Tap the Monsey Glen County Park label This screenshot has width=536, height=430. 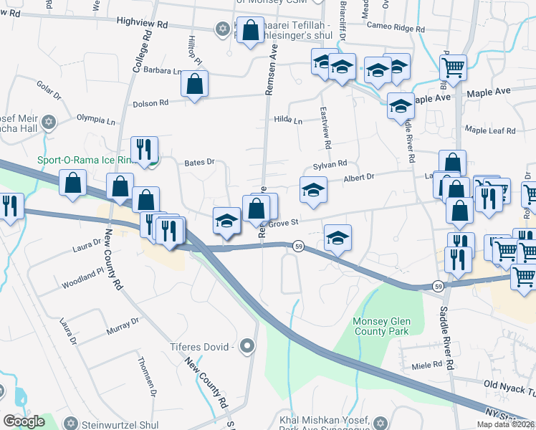(381, 326)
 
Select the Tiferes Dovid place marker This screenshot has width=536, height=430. (248, 347)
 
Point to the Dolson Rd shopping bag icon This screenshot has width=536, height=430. (194, 84)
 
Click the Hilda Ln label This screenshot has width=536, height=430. (288, 120)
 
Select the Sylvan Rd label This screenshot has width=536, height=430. (330, 165)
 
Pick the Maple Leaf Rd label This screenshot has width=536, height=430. (490, 130)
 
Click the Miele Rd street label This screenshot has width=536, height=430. (428, 365)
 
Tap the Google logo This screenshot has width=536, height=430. (24, 421)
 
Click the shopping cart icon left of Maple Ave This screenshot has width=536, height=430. (453, 68)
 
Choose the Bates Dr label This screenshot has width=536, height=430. (199, 163)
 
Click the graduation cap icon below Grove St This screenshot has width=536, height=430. (338, 238)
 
